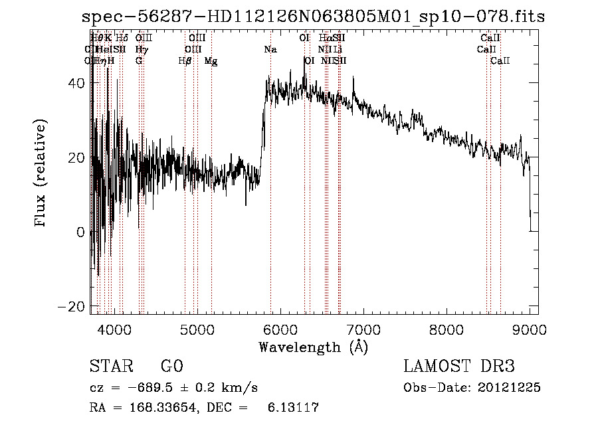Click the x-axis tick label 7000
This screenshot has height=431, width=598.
[x=363, y=329]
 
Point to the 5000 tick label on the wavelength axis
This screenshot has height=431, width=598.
[x=197, y=329]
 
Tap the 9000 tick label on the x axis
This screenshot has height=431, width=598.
[x=530, y=329]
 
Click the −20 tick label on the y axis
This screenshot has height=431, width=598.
[x=74, y=306]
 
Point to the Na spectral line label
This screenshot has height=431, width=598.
[x=270, y=50]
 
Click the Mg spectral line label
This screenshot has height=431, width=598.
[x=211, y=61]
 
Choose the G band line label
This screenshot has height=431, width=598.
[x=139, y=61]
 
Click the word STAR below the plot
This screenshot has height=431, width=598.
[x=110, y=367]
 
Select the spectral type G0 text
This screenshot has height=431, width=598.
[x=171, y=367]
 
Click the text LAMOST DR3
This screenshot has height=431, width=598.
[x=459, y=367]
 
